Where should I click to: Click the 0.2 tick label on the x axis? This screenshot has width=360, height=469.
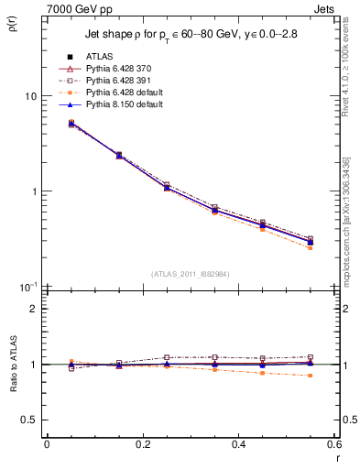click(x=142, y=444)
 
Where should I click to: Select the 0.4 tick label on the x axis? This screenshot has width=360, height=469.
click(x=238, y=444)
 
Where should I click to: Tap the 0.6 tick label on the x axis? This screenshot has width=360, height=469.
click(x=333, y=444)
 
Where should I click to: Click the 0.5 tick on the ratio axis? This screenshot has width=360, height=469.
click(x=29, y=420)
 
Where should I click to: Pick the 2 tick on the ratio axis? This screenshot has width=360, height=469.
click(x=33, y=309)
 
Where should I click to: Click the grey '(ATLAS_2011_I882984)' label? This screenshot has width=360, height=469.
click(x=190, y=273)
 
